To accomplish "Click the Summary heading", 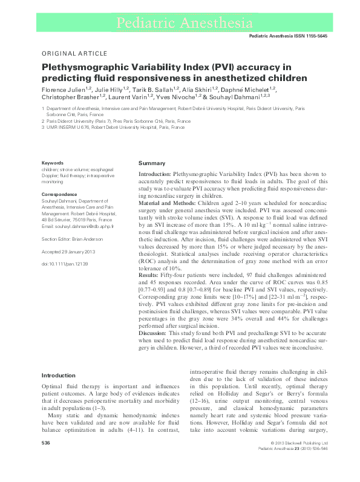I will point(152,164).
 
